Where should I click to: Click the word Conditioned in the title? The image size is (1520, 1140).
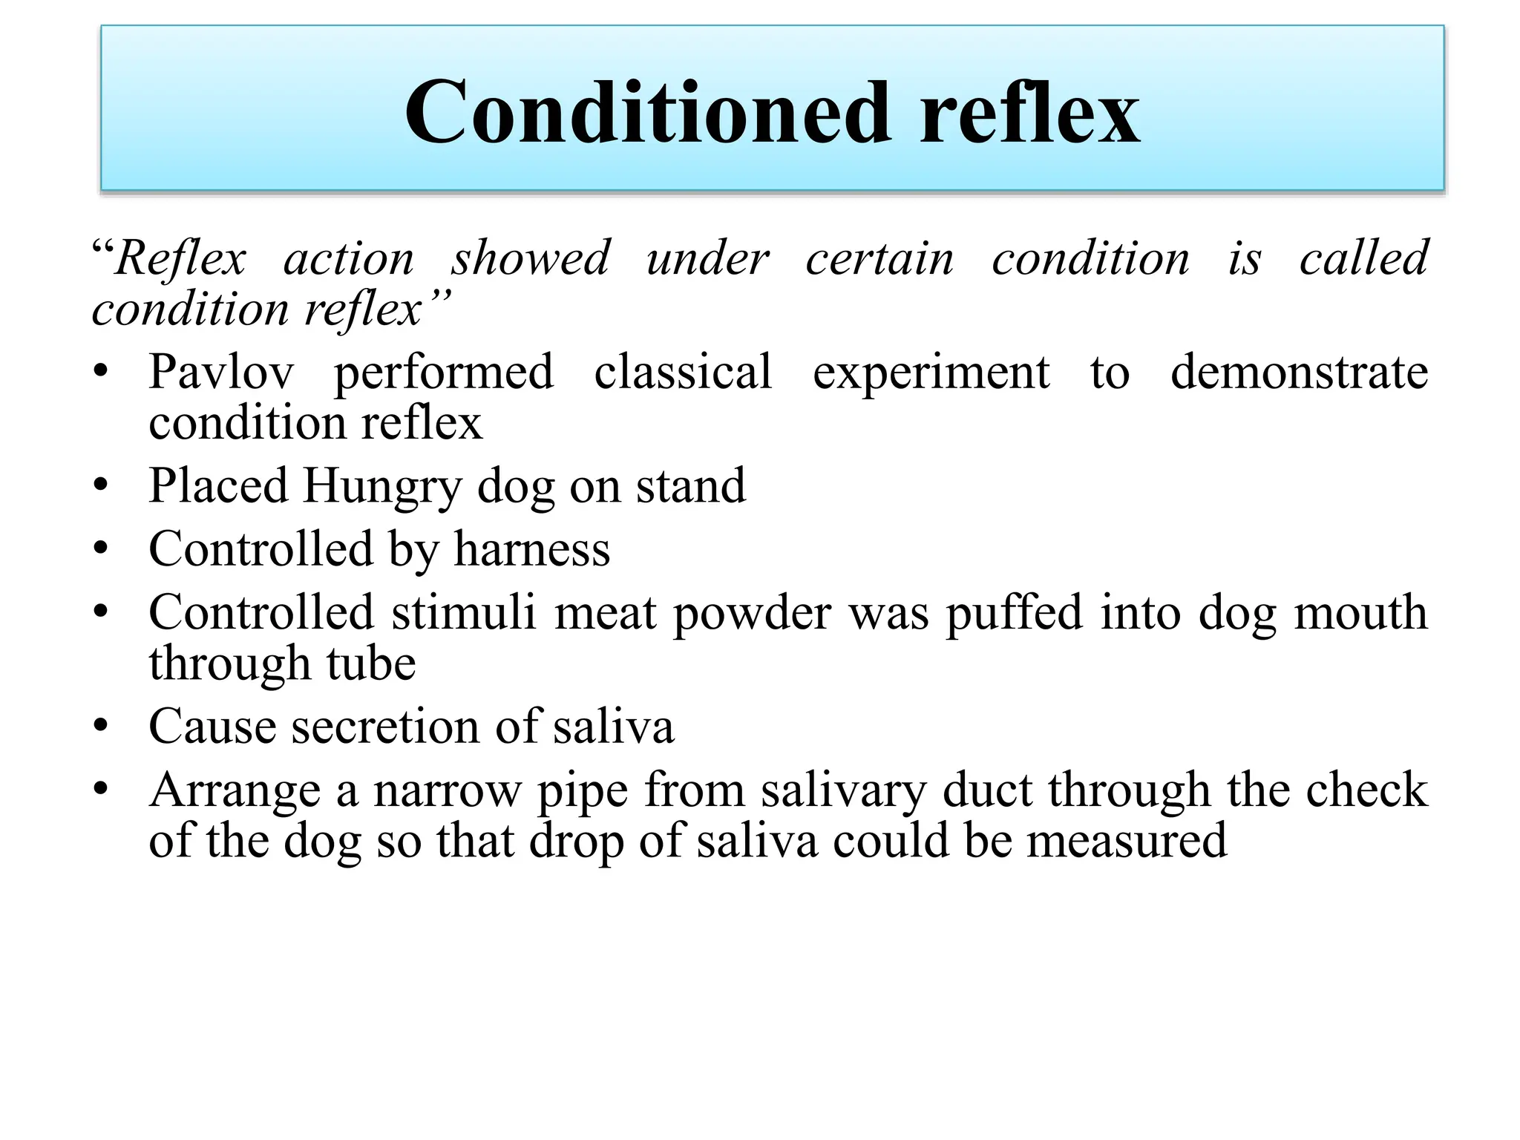pos(647,113)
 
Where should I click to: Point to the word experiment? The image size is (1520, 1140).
pos(931,373)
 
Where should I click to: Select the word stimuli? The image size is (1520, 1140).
pos(463,613)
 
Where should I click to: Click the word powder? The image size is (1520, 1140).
pos(751,615)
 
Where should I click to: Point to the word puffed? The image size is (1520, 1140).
pos(1014,613)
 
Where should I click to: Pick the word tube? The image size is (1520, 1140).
pos(371,664)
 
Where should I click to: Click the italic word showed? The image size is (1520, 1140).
pos(530,258)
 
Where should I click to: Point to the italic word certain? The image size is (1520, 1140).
pos(879,258)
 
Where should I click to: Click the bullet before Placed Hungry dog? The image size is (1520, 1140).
pos(102,487)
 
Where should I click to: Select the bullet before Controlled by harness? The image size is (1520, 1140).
pos(102,549)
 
